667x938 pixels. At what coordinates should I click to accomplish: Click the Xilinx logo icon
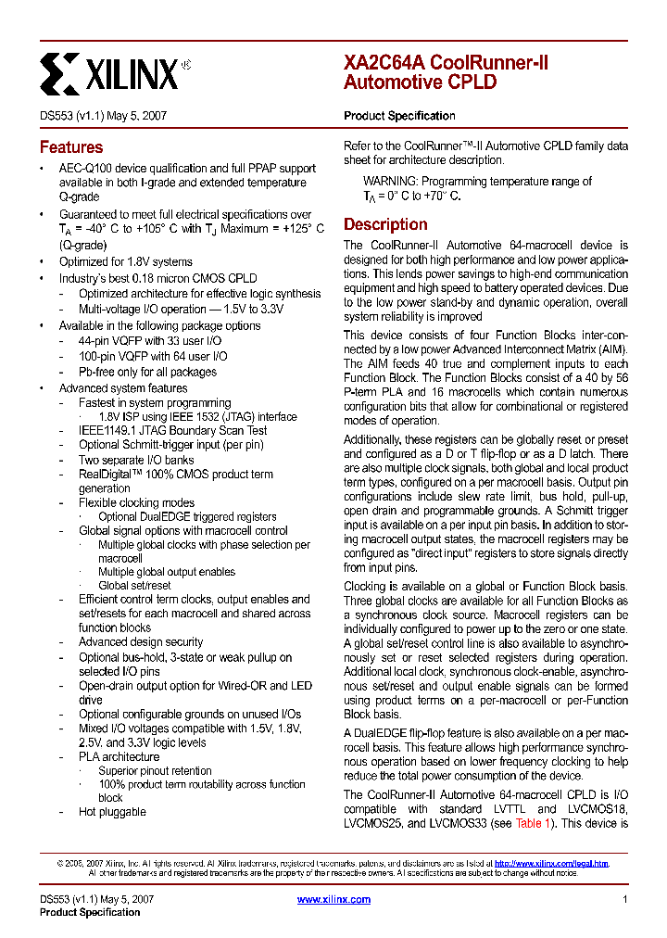(59, 72)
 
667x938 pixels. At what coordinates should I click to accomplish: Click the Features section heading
(71, 147)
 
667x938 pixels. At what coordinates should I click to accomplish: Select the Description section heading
(385, 224)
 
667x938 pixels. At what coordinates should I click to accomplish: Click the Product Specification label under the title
(399, 116)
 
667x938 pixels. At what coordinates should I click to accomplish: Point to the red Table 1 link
(534, 822)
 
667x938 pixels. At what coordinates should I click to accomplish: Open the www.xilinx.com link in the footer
(333, 899)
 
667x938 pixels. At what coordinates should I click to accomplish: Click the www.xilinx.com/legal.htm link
(551, 863)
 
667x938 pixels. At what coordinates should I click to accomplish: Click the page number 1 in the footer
(625, 899)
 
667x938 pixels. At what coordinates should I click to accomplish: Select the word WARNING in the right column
(390, 182)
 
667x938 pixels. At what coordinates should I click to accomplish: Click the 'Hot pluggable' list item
(112, 812)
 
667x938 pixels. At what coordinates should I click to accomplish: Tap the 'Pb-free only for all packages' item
(147, 372)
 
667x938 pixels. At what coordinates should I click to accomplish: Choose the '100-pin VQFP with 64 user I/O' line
(152, 356)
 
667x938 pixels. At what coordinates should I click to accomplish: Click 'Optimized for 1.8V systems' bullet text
(126, 261)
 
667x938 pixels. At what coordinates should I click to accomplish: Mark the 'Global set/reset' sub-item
(134, 585)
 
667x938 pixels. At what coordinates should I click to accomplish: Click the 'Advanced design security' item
(141, 641)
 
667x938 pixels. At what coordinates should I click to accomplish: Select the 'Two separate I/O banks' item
(136, 460)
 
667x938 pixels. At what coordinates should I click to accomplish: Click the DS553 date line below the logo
(103, 116)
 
